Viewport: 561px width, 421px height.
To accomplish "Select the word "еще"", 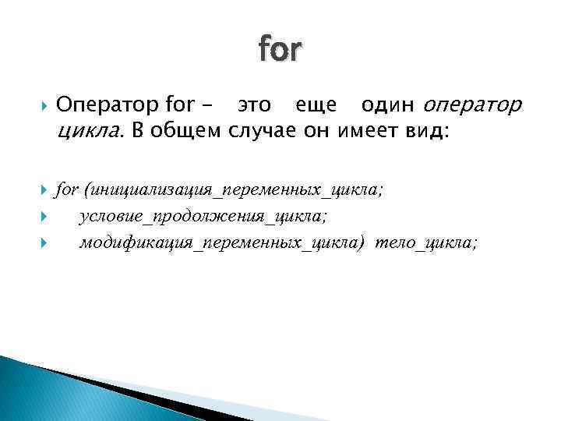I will point(317,104).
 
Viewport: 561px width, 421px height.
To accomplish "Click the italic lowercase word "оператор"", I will point(474,104).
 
